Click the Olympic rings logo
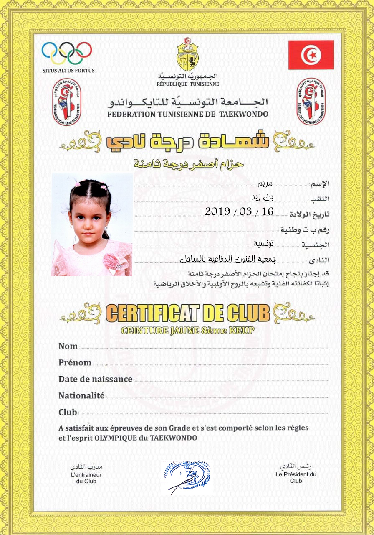click(67, 53)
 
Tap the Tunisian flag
click(311, 55)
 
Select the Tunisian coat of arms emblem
click(188, 54)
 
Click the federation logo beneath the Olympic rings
click(67, 102)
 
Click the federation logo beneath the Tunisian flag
click(311, 102)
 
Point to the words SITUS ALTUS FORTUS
click(68, 71)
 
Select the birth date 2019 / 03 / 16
click(239, 211)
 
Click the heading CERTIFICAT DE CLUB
click(188, 313)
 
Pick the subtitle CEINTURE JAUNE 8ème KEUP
click(187, 331)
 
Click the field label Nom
click(68, 346)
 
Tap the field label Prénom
click(75, 363)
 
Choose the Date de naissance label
click(95, 379)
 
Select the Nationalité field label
click(81, 395)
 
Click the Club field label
click(68, 412)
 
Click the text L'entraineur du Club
click(86, 478)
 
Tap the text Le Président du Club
click(296, 477)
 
